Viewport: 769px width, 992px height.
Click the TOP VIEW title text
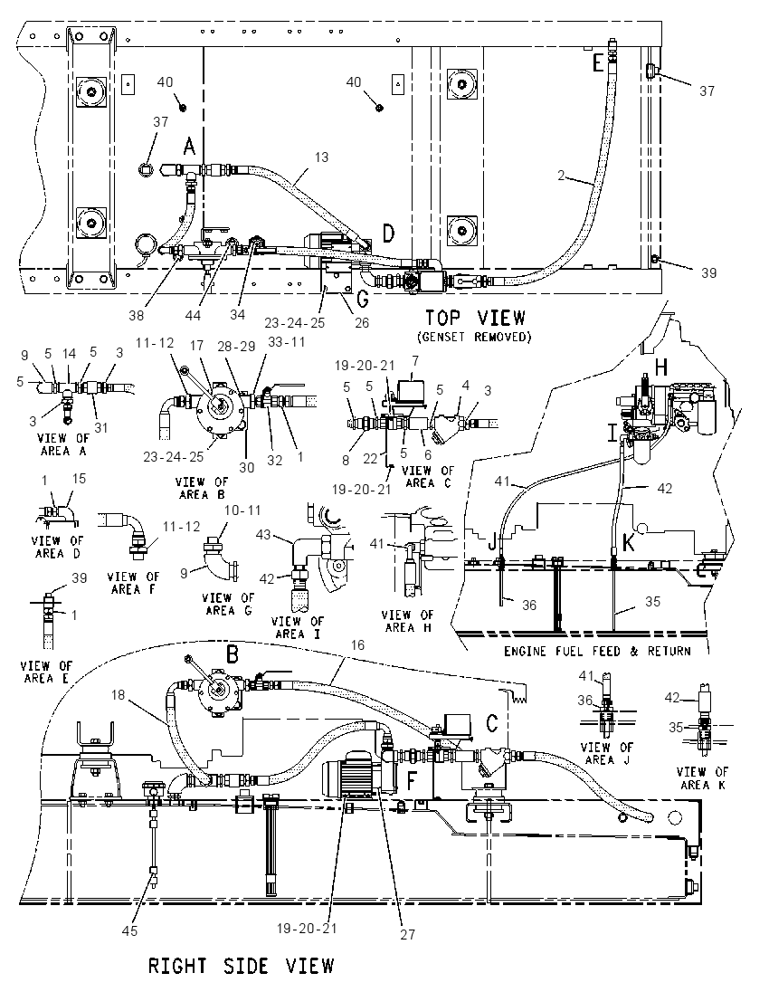(474, 318)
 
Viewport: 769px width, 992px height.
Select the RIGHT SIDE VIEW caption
(241, 966)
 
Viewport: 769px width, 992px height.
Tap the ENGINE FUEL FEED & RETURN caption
(597, 651)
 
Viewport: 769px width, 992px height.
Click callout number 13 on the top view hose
(321, 157)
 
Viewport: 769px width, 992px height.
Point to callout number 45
(129, 930)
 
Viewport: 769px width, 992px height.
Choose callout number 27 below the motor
(408, 934)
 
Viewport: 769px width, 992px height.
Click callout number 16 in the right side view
(357, 644)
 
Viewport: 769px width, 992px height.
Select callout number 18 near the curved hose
(119, 695)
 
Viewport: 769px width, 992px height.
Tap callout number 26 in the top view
(361, 322)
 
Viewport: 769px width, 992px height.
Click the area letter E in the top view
(598, 64)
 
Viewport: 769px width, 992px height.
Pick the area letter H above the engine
(660, 367)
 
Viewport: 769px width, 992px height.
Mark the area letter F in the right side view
(412, 783)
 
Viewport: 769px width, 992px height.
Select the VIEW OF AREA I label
(297, 627)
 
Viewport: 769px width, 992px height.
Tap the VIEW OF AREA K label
(702, 778)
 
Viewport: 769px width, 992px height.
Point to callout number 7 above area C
(415, 360)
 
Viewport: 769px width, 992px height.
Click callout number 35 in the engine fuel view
(652, 601)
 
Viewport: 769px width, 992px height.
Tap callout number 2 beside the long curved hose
(561, 176)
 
